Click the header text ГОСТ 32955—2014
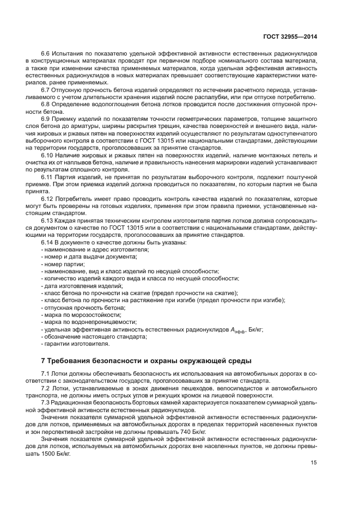point(291,37)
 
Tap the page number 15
point(313,463)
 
